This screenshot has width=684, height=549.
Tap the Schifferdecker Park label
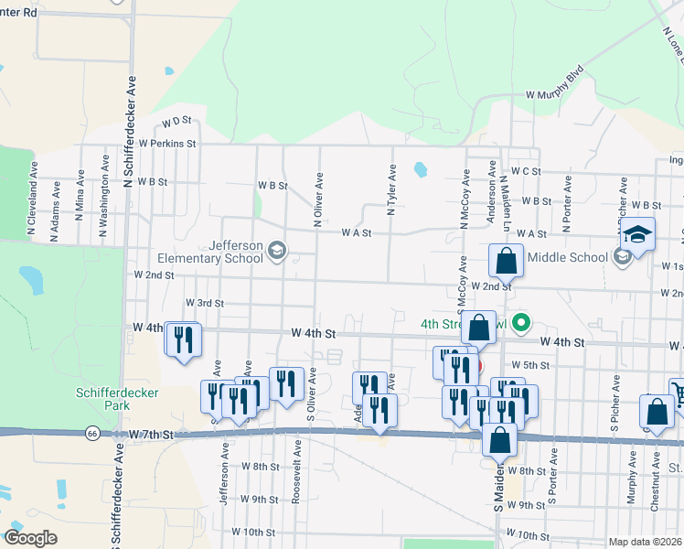click(x=117, y=399)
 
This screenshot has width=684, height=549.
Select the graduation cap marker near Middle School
click(x=636, y=235)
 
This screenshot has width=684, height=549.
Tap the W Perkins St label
click(x=167, y=144)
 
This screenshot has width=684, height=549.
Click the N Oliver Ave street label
click(x=318, y=199)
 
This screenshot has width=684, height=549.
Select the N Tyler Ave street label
click(x=391, y=190)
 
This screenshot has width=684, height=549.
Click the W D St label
click(x=176, y=121)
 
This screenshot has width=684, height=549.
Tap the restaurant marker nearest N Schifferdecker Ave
click(x=183, y=339)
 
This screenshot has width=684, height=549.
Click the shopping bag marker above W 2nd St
click(x=505, y=263)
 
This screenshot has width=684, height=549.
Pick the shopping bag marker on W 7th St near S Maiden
click(x=499, y=441)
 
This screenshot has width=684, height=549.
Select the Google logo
click(x=30, y=538)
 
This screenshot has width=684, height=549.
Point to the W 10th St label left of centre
click(x=253, y=532)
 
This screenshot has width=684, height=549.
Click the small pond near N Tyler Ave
click(x=420, y=169)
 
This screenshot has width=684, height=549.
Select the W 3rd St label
click(x=205, y=303)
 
